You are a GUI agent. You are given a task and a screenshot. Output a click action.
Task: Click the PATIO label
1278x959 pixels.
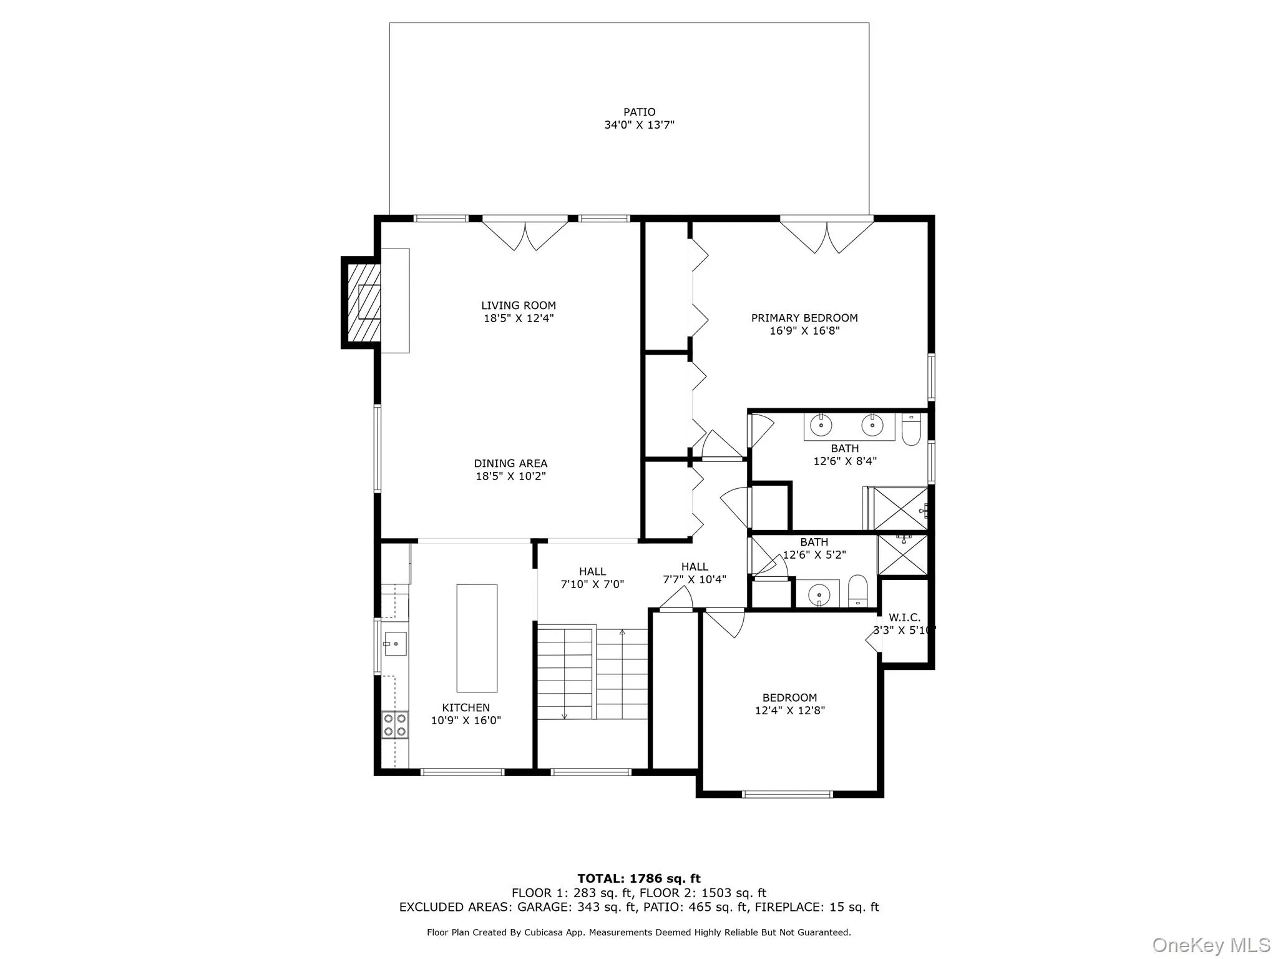(x=639, y=112)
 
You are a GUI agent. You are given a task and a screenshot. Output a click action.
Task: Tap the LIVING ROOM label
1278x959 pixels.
(x=518, y=305)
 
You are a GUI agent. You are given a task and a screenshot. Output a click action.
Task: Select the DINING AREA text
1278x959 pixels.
(x=510, y=463)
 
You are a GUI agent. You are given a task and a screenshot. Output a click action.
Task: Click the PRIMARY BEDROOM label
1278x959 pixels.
(x=804, y=318)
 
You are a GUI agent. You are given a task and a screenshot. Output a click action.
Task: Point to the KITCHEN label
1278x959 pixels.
(x=466, y=707)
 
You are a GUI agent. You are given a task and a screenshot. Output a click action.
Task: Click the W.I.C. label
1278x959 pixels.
(x=904, y=617)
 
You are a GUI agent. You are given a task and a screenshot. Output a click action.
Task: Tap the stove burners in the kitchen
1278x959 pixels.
(x=395, y=725)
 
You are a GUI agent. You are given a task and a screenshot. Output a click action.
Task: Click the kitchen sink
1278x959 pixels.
(x=395, y=644)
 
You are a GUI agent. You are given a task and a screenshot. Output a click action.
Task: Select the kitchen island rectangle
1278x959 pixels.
(x=477, y=638)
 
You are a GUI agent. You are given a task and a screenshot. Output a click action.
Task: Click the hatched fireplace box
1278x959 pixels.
(x=362, y=302)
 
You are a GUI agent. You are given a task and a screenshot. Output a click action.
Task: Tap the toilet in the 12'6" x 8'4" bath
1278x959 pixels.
(x=911, y=429)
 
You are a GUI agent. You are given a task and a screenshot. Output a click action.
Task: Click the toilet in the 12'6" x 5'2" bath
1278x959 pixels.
(x=858, y=591)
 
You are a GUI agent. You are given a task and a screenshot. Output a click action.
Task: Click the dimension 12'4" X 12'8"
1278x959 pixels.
(x=789, y=711)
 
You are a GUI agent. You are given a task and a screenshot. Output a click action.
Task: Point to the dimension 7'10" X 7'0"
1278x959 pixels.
(x=592, y=584)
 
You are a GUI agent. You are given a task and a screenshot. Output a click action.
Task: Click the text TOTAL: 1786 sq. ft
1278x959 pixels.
(x=639, y=878)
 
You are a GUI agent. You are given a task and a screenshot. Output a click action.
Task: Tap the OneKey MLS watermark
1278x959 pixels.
(x=1211, y=945)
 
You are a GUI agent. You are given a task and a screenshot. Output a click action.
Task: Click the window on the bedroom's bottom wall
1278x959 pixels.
(x=787, y=794)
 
